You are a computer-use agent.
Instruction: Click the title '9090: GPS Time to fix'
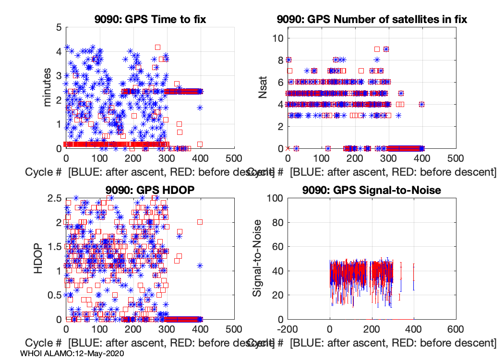(149, 20)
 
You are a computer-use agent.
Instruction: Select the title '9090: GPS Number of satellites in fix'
(372, 20)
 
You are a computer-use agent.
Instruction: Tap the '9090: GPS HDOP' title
(149, 190)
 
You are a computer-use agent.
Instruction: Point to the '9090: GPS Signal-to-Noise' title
(372, 190)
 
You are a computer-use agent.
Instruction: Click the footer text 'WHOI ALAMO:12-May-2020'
(72, 353)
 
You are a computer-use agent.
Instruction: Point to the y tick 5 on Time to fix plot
(58, 27)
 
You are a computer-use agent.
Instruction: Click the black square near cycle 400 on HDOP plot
(200, 222)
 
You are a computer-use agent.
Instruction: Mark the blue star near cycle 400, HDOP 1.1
(200, 265)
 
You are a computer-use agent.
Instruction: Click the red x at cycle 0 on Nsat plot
(288, 148)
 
